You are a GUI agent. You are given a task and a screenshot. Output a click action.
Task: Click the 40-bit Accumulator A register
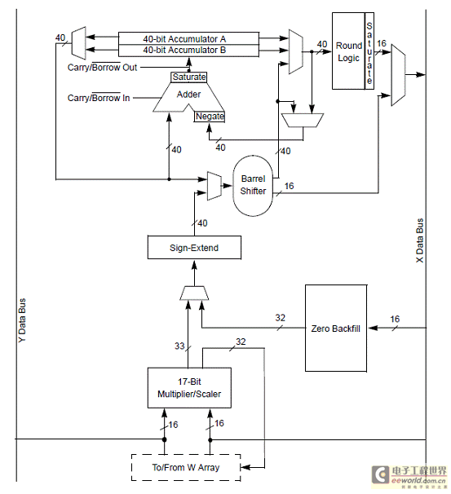(x=188, y=38)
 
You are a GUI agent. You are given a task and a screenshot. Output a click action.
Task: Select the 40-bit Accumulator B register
(x=188, y=51)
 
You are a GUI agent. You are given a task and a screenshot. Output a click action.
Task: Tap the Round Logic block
(x=348, y=51)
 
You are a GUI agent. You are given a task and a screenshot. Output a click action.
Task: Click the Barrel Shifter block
(x=253, y=186)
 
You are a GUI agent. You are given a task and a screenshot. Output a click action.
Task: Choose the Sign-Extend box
(x=194, y=248)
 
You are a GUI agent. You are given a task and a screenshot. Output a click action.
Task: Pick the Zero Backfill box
(x=336, y=329)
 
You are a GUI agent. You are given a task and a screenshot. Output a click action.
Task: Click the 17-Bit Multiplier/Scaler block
(x=189, y=388)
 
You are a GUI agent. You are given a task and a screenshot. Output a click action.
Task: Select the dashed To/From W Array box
(x=186, y=468)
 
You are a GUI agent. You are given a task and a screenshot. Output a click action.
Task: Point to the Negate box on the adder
(x=210, y=117)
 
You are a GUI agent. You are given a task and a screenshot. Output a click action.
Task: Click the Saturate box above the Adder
(x=188, y=77)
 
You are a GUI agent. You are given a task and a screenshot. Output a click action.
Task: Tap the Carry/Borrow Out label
(x=102, y=67)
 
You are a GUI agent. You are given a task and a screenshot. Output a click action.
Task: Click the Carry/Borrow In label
(x=99, y=98)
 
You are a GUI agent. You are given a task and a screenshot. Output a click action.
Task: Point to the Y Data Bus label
(x=22, y=320)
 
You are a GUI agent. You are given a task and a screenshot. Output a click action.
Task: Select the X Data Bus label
(x=419, y=240)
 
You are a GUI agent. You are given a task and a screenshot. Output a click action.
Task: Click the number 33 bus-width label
(x=179, y=346)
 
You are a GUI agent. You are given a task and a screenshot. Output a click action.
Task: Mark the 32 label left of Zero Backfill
(x=281, y=318)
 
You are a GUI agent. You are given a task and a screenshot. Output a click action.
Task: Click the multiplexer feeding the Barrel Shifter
(x=214, y=186)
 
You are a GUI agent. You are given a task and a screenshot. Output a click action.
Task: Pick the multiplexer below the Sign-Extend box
(x=194, y=293)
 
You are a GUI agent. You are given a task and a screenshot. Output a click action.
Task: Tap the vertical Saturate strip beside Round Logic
(x=369, y=51)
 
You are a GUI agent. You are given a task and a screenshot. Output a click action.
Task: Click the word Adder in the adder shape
(x=188, y=95)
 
